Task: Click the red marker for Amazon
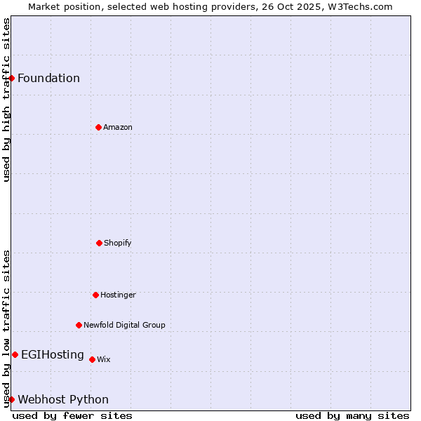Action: (x=98, y=127)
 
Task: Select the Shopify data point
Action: (x=99, y=243)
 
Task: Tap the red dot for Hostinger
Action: (x=95, y=295)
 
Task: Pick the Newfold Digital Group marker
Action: (x=79, y=325)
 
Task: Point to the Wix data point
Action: (x=92, y=359)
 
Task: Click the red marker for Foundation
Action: (x=11, y=78)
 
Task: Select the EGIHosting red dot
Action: (x=15, y=354)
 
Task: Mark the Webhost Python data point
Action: (x=11, y=399)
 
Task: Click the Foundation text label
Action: (x=48, y=78)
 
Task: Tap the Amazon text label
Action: (x=117, y=127)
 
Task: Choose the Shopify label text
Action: (x=117, y=243)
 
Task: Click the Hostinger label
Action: (x=118, y=295)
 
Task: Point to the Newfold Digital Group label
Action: (x=124, y=325)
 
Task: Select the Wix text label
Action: (x=103, y=359)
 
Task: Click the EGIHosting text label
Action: (x=53, y=354)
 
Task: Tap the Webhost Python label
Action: (x=63, y=399)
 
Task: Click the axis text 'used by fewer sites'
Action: (x=72, y=415)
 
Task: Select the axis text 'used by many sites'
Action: (x=352, y=415)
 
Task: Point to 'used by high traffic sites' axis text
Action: (x=6, y=100)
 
